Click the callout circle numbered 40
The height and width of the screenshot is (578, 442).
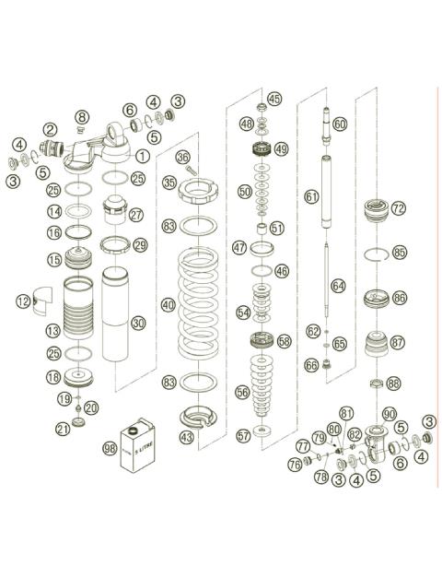(167, 303)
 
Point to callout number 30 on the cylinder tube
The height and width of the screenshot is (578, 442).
(138, 323)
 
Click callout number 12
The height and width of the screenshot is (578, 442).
(23, 300)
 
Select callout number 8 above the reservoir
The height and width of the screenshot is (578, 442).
(82, 117)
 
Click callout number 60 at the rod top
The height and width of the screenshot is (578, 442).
(340, 124)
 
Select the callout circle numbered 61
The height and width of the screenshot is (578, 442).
(311, 195)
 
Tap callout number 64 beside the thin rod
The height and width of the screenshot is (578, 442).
(338, 287)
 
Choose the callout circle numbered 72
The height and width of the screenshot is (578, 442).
(397, 209)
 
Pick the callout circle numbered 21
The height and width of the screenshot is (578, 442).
(63, 428)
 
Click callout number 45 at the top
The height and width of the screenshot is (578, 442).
(273, 99)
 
